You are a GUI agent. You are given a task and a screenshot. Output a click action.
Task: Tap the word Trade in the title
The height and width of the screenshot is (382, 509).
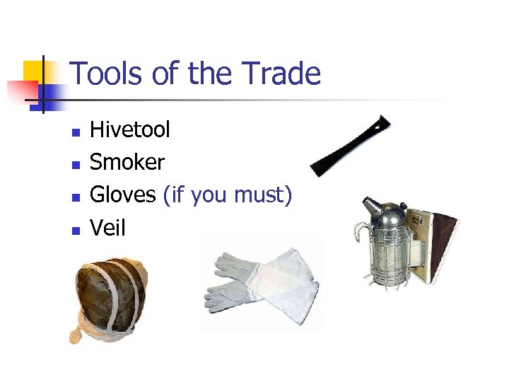tap(281, 74)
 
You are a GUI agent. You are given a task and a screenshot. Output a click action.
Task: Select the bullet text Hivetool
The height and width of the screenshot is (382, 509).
tap(130, 129)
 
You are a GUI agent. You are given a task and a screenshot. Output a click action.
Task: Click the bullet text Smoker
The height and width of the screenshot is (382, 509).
tap(127, 163)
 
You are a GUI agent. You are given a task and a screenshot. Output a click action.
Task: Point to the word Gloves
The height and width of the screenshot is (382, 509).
tap(123, 195)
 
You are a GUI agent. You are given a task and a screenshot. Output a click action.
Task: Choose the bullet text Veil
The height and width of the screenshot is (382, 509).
tap(107, 228)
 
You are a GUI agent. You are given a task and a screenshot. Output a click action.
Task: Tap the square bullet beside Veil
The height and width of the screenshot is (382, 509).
tap(76, 230)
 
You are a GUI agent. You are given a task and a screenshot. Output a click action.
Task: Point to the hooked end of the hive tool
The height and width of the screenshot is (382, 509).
tap(382, 122)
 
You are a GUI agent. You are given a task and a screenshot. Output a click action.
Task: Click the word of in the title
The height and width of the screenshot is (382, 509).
tap(168, 74)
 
